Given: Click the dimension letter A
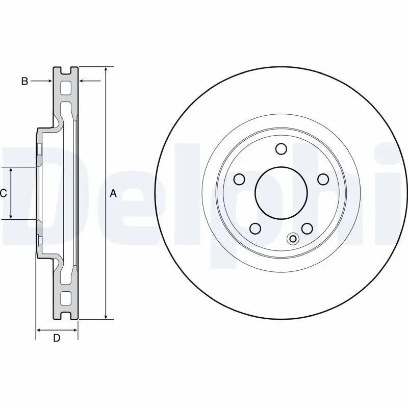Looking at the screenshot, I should point(114,193).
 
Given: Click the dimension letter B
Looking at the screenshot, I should point(24,81).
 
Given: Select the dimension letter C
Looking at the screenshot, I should point(3,193).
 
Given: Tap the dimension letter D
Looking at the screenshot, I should point(57,338).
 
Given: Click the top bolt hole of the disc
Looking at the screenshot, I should point(280,148).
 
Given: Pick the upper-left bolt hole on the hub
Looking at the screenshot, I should point(239,179).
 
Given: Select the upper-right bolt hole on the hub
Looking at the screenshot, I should point(323,179).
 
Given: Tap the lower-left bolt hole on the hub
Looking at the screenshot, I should point(255,228).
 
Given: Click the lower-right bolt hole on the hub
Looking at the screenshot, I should point(307,228).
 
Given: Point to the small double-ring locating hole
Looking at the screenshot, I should point(293,238).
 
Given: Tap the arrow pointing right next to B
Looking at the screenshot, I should point(49,81).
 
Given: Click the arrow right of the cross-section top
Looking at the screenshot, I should point(82,81).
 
